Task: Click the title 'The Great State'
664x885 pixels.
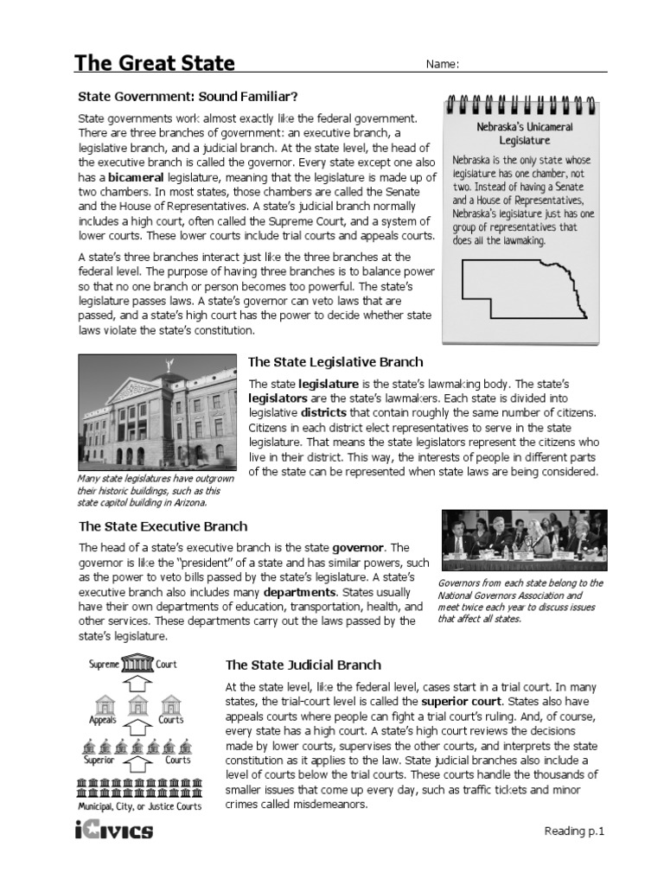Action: tap(154, 63)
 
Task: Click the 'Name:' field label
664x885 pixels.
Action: tap(440, 65)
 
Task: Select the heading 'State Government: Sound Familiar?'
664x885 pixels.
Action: tap(188, 96)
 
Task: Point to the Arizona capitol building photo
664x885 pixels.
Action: tap(157, 411)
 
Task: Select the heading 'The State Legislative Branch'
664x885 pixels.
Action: tap(335, 362)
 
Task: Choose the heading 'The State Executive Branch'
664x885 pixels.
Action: tap(163, 525)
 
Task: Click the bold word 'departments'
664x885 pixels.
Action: tap(300, 593)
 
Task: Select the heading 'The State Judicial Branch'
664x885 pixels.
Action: tap(303, 665)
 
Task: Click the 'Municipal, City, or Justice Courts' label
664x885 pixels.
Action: tap(139, 806)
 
